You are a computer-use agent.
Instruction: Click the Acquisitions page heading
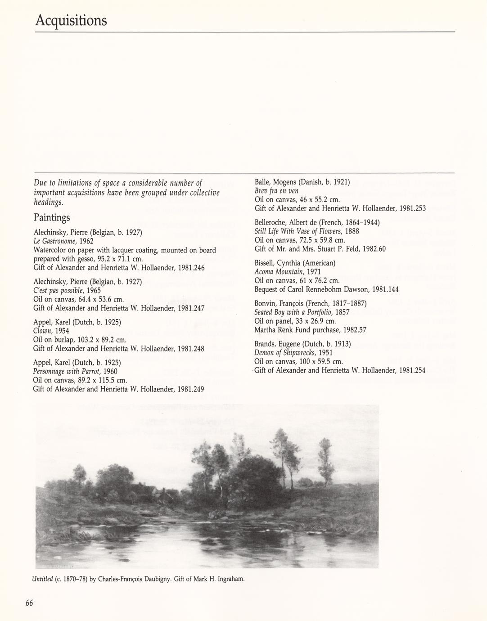(71, 20)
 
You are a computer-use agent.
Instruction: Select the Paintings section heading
(52, 217)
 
